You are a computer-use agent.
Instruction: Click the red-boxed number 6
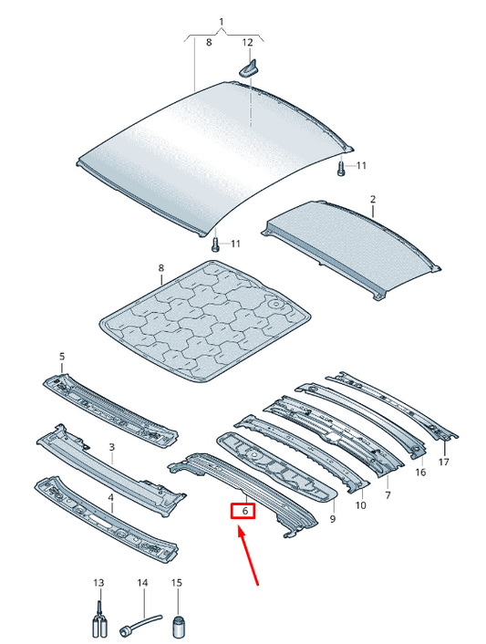point(245,512)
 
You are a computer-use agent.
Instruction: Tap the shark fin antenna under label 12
point(248,68)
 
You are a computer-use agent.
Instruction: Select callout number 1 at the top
point(222,22)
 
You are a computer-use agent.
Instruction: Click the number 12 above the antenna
point(247,42)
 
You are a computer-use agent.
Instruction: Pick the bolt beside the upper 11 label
point(341,169)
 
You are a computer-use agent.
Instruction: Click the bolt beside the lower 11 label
point(215,244)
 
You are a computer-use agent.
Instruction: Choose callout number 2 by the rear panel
point(373,200)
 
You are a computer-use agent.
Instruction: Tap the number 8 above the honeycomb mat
point(160,268)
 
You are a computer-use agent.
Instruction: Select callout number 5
point(62,356)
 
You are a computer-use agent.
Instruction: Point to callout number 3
point(111,447)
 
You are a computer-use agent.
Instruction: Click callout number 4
point(111,498)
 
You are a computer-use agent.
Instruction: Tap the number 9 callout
point(333,519)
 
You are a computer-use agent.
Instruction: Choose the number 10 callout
point(360,505)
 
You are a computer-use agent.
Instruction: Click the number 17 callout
point(444,462)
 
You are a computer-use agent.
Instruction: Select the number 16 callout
point(420,473)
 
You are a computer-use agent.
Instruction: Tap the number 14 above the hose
point(142,583)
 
